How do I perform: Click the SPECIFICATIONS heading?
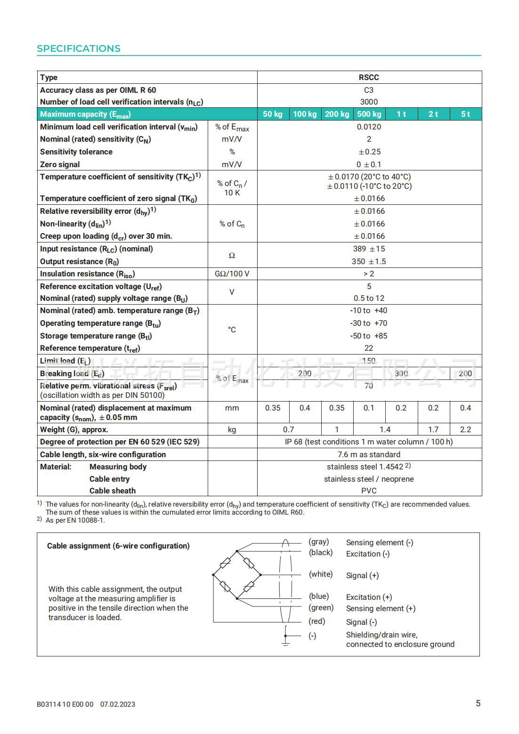79,48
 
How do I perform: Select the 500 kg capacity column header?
369,114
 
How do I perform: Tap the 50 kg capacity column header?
273,114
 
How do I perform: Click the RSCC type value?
369,77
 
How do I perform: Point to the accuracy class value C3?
369,90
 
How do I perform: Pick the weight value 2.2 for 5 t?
465,429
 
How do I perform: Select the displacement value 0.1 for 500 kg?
369,408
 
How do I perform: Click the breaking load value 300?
401,373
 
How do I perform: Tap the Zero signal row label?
60,164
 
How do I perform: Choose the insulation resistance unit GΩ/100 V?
232,274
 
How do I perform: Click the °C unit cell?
232,330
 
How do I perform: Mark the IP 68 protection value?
369,442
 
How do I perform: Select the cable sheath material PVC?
369,491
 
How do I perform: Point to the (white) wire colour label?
321,574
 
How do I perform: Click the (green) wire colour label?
321,608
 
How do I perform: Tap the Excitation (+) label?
369,597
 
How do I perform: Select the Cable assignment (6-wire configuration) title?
118,546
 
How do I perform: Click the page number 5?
478,703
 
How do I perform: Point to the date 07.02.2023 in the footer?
118,704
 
